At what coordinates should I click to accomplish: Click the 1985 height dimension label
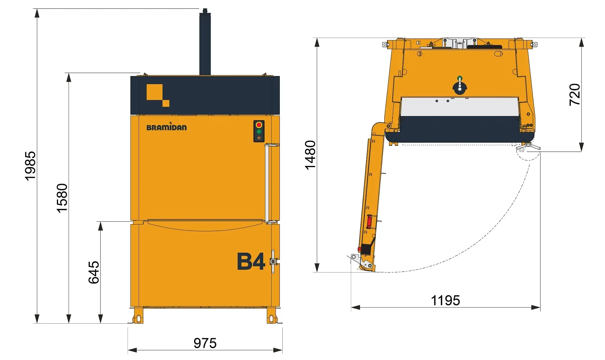click(x=30, y=166)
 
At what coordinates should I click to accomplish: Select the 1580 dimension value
click(x=62, y=198)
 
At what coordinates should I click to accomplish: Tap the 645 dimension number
click(x=94, y=272)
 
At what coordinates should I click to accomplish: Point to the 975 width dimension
click(x=205, y=343)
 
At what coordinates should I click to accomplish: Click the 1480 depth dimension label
click(x=310, y=155)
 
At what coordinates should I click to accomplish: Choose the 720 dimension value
click(x=574, y=95)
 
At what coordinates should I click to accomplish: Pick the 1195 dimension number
click(x=445, y=300)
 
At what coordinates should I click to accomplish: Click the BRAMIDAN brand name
click(x=166, y=127)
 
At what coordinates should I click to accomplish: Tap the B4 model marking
click(x=251, y=261)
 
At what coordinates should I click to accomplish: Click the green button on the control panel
click(x=259, y=131)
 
